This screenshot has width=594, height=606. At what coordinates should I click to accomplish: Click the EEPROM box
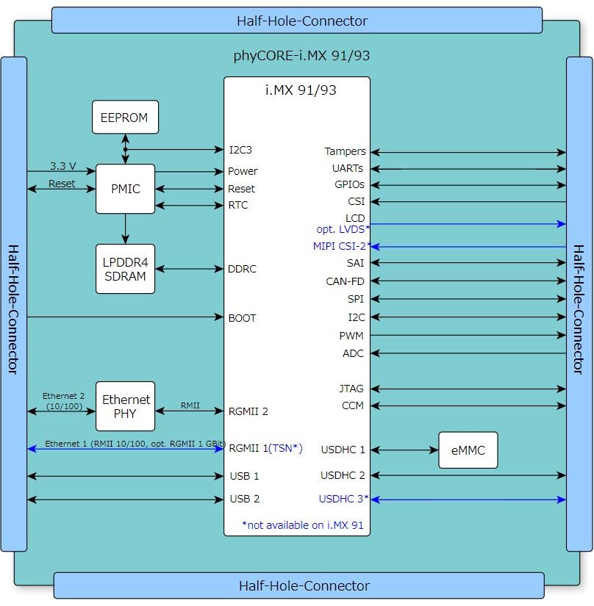(x=125, y=118)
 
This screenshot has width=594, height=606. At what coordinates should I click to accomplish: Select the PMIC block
(x=125, y=189)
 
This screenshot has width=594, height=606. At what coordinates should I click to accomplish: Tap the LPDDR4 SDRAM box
(x=125, y=269)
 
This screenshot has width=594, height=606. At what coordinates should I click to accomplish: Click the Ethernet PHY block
(x=126, y=406)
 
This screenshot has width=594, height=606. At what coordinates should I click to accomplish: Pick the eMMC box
(x=468, y=450)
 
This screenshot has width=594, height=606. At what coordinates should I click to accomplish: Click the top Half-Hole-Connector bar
(x=296, y=21)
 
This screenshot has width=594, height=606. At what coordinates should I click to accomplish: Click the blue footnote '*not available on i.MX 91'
(x=302, y=525)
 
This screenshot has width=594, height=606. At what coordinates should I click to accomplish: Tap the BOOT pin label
(x=243, y=318)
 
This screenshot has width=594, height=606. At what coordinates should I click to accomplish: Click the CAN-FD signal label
(x=345, y=281)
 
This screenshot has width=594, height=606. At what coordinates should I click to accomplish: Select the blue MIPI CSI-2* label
(x=339, y=247)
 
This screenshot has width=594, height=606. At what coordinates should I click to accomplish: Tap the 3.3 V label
(x=62, y=166)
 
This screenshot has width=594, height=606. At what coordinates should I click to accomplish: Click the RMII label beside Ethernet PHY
(x=190, y=405)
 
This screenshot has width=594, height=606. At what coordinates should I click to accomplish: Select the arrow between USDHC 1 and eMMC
(x=404, y=450)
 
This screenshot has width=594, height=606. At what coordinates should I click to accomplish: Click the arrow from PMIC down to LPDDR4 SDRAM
(x=126, y=228)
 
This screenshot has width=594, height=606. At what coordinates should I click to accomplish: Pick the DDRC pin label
(x=243, y=269)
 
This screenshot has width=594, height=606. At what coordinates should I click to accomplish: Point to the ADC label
(x=353, y=353)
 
